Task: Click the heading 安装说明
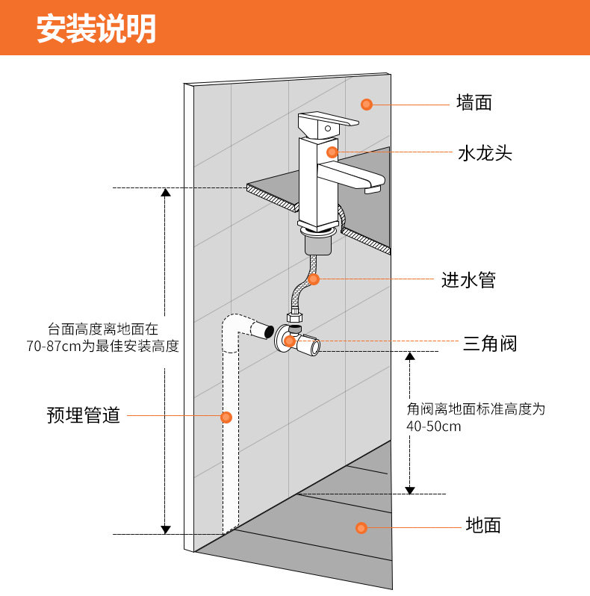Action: click(x=96, y=29)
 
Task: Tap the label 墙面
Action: click(x=474, y=102)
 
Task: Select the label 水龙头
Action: click(x=485, y=154)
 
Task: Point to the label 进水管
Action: click(x=468, y=280)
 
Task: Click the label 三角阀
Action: click(x=490, y=344)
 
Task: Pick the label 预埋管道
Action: click(x=84, y=415)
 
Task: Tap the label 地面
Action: click(x=483, y=525)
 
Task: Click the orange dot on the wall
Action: click(x=367, y=104)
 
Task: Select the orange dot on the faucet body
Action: click(x=332, y=152)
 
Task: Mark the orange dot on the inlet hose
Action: click(x=314, y=279)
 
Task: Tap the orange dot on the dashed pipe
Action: click(x=226, y=417)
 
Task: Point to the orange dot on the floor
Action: click(x=361, y=528)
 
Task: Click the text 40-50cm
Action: click(x=434, y=427)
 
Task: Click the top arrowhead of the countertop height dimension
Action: click(x=166, y=192)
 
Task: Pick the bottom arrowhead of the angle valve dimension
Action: click(x=410, y=489)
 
